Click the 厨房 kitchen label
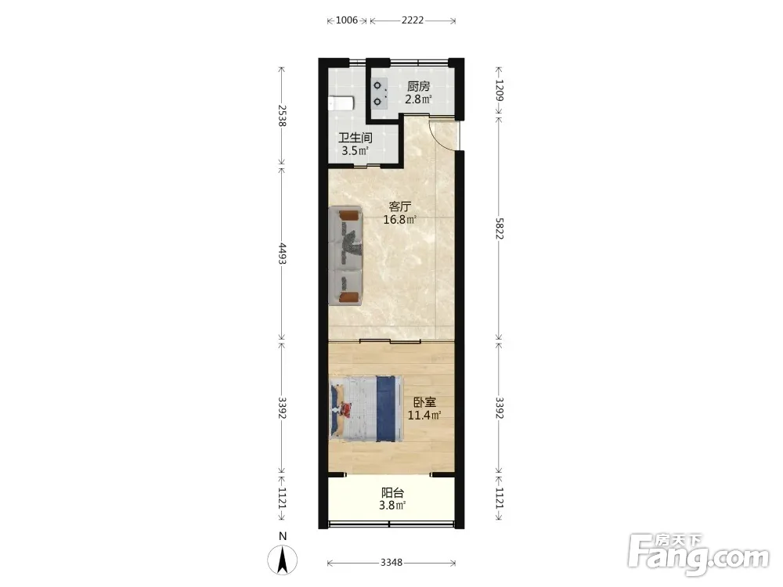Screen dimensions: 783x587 (418, 86)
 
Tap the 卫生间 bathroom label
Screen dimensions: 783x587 (355, 138)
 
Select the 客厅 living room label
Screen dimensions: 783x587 (400, 206)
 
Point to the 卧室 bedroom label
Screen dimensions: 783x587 (424, 402)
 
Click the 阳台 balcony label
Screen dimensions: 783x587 (392, 492)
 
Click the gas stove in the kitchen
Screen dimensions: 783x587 (379, 94)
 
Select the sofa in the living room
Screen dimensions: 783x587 (345, 255)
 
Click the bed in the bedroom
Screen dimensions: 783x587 (366, 409)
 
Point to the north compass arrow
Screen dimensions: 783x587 (283, 560)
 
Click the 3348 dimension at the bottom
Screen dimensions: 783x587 (391, 563)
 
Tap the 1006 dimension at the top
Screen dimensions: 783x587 (347, 20)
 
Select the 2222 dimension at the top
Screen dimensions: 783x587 (413, 20)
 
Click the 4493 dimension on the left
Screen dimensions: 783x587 (282, 254)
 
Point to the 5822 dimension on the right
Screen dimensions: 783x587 (500, 228)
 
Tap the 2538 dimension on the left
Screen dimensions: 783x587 (282, 115)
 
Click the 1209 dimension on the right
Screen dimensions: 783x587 (500, 90)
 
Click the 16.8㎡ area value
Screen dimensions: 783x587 (400, 219)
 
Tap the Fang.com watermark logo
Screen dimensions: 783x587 (698, 554)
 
